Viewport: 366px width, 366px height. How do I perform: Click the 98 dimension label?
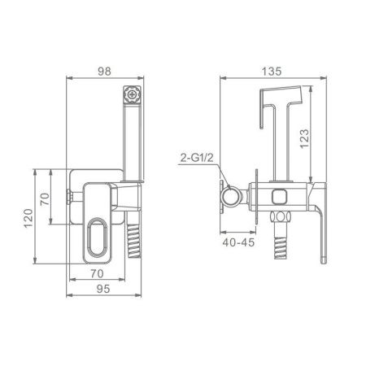point(104,72)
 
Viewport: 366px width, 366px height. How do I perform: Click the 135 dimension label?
point(272,72)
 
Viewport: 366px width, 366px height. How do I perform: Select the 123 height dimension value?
point(304,138)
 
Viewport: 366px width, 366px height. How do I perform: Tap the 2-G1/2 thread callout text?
point(197,158)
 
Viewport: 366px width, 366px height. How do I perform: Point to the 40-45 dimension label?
point(238,242)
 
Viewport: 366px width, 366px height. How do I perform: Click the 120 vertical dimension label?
point(28,218)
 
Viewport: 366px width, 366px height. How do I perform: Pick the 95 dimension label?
point(103,289)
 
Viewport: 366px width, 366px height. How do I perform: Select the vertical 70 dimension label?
point(45,199)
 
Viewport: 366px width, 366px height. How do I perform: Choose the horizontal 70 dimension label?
point(97,273)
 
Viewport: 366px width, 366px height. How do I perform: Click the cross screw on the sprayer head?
point(133,94)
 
